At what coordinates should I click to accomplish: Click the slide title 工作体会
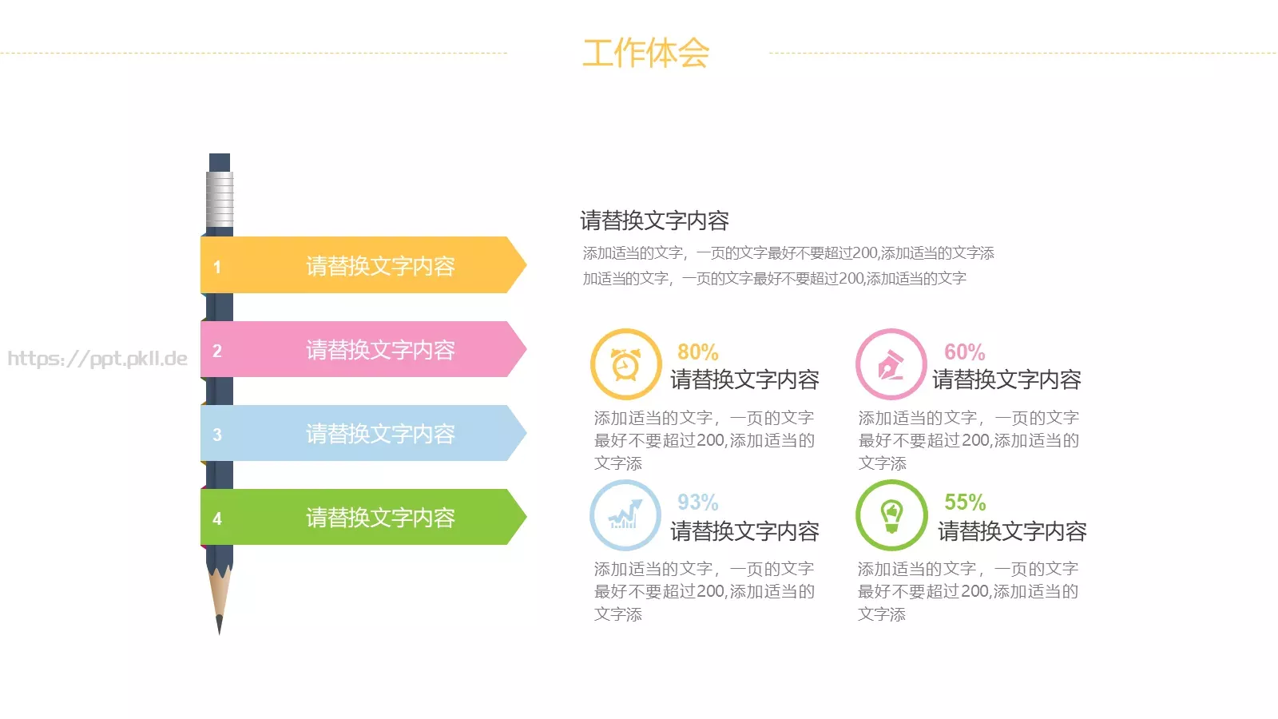(x=645, y=54)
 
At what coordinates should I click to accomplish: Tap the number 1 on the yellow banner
(x=216, y=267)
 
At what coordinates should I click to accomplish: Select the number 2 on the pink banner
(x=216, y=351)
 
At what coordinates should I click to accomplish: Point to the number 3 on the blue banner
(x=216, y=435)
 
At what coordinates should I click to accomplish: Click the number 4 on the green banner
(x=216, y=518)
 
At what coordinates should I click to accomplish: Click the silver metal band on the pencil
(x=220, y=199)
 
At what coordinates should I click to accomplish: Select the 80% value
(x=697, y=352)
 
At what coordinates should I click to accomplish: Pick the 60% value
(x=964, y=352)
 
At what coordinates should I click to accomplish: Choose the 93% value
(x=697, y=503)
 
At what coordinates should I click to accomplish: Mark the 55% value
(x=965, y=503)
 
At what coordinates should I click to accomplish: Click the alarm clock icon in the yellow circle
(x=625, y=364)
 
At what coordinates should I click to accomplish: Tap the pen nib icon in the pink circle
(x=891, y=364)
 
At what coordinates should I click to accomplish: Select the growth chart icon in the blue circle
(x=625, y=515)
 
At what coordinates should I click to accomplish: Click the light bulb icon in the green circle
(x=891, y=515)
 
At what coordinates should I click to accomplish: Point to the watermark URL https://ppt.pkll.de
(x=97, y=359)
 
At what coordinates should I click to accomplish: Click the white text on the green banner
(x=380, y=518)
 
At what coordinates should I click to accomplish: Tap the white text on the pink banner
(x=380, y=350)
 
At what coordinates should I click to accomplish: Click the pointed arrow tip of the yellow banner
(x=521, y=264)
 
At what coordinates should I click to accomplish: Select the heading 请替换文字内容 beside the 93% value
(x=744, y=531)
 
